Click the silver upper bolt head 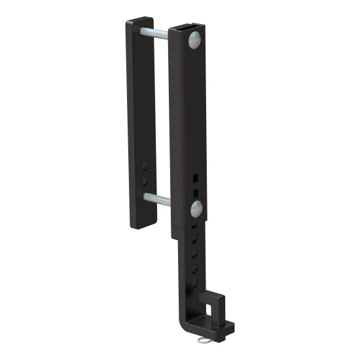(195, 41)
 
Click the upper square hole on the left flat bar (145, 167)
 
